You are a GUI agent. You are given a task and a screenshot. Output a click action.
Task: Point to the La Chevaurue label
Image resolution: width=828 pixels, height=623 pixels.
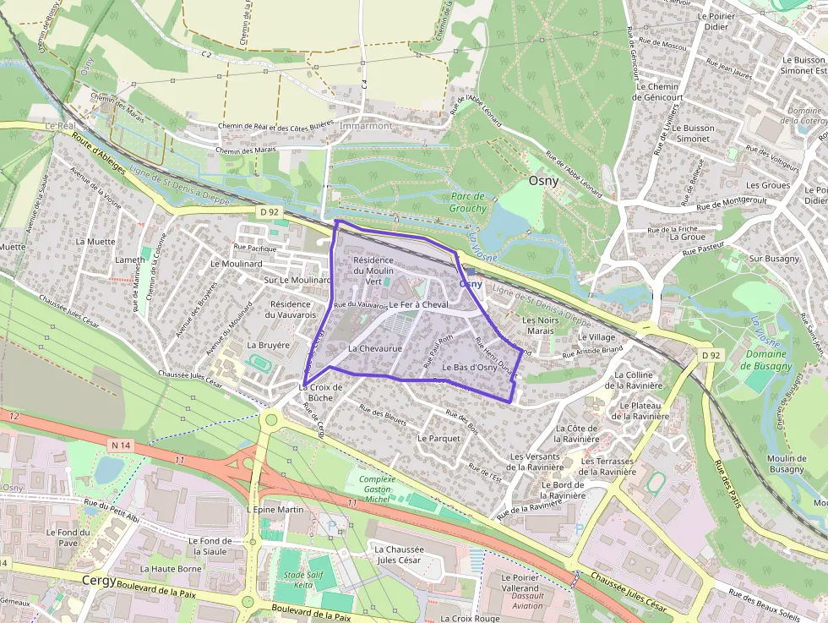click(x=374, y=347)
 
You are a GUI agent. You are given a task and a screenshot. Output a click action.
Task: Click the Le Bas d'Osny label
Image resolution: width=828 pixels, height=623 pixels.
click(x=469, y=368)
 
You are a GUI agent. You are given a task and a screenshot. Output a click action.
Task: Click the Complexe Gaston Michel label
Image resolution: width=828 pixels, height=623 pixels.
click(x=377, y=489)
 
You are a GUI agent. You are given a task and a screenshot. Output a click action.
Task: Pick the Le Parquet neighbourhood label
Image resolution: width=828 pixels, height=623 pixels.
click(x=439, y=439)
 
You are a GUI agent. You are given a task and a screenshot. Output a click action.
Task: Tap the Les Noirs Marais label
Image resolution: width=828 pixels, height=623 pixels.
click(x=541, y=325)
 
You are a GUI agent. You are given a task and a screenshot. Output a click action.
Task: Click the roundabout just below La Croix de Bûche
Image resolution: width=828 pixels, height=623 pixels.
click(x=271, y=419)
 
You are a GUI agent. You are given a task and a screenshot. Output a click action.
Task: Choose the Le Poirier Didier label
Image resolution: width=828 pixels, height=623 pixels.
click(x=712, y=21)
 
